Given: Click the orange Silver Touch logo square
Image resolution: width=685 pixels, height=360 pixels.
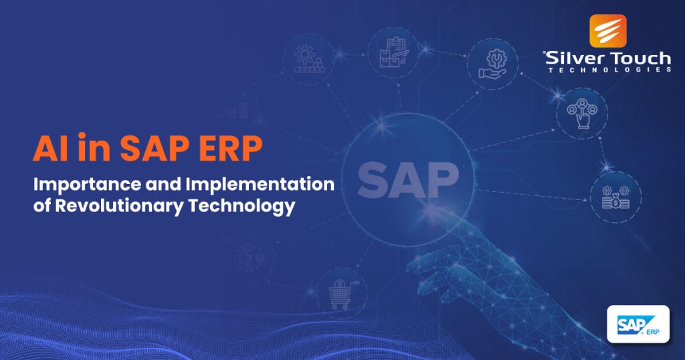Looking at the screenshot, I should click(608, 31).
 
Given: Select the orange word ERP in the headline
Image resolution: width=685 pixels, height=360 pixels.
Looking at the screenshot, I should click(226, 149).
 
